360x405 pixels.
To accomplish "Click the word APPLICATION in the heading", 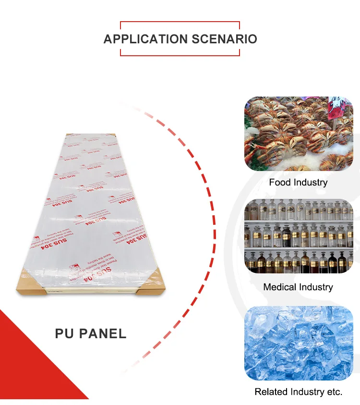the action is [x=145, y=39].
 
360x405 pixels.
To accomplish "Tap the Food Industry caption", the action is [x=298, y=183].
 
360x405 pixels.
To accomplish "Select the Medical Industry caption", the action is [x=298, y=287].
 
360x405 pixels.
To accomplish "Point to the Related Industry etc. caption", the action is [x=298, y=392].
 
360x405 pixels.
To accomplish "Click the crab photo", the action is [x=298, y=134].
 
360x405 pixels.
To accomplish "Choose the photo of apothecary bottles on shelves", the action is [x=298, y=237].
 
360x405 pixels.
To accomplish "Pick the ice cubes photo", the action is [x=298, y=343].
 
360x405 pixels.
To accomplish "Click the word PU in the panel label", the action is [x=65, y=333].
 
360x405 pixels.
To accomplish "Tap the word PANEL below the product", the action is [x=104, y=333].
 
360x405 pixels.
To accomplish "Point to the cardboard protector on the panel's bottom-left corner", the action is [x=31, y=285].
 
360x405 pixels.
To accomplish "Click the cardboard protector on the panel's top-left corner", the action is [x=71, y=136].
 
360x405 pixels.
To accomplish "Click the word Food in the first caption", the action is [x=280, y=183].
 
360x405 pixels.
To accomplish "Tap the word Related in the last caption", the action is [x=270, y=392].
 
